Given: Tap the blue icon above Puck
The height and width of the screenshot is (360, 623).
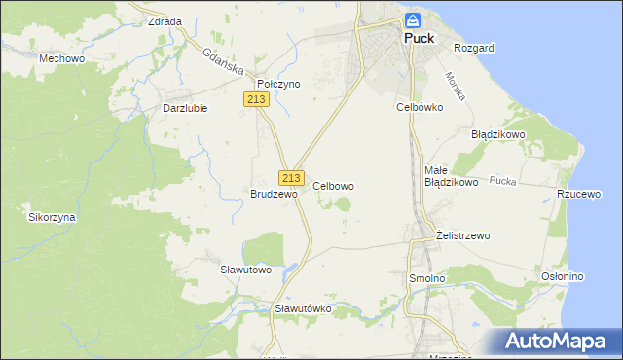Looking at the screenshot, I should pyautogui.click(x=413, y=19).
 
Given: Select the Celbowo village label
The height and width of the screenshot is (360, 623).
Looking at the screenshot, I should pyautogui.click(x=333, y=185).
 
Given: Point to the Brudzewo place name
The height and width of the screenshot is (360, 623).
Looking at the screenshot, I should pyautogui.click(x=273, y=194).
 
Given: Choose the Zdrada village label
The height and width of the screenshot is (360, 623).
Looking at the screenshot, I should pyautogui.click(x=165, y=20).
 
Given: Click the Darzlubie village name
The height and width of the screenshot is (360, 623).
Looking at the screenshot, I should pyautogui.click(x=184, y=108).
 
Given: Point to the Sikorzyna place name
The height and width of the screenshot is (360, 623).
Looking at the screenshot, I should pyautogui.click(x=52, y=217).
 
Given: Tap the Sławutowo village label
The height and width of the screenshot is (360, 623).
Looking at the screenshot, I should pyautogui.click(x=245, y=269).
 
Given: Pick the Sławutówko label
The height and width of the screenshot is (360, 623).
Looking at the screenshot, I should pyautogui.click(x=303, y=308).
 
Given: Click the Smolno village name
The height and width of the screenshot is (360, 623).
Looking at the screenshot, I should pyautogui.click(x=425, y=278).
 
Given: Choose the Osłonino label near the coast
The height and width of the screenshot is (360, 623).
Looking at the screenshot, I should pyautogui.click(x=562, y=276).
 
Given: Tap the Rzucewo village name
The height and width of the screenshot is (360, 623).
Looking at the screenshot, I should pyautogui.click(x=577, y=194).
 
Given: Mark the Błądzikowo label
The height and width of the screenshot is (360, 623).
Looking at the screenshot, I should pyautogui.click(x=498, y=134).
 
